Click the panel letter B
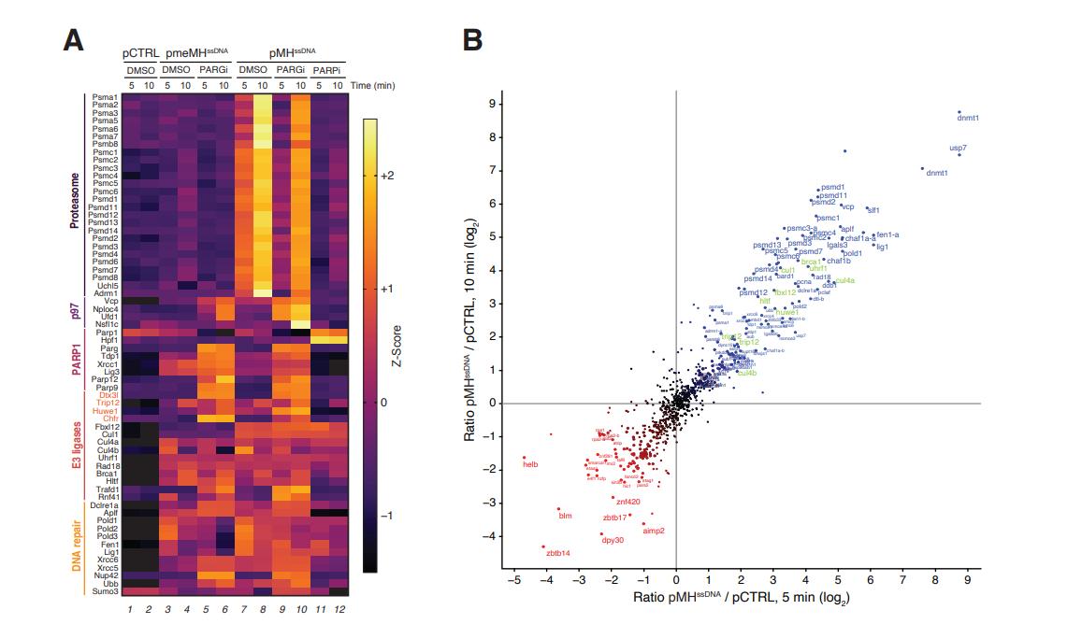click(x=473, y=40)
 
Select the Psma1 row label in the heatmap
click(x=105, y=96)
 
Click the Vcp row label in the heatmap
click(x=110, y=300)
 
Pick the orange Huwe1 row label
click(x=105, y=410)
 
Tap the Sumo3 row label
click(x=104, y=591)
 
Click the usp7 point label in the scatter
click(x=958, y=148)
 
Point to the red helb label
click(x=530, y=464)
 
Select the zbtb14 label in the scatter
click(x=558, y=553)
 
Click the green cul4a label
click(x=845, y=280)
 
